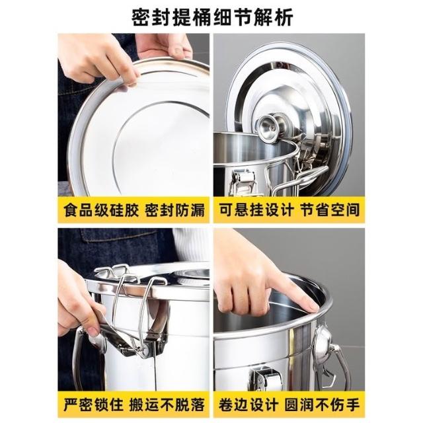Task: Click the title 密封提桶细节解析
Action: pyautogui.click(x=212, y=18)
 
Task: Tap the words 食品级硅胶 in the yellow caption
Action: pyautogui.click(x=101, y=210)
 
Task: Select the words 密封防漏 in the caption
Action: pyautogui.click(x=174, y=210)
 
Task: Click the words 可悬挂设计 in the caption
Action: pyautogui.click(x=256, y=210)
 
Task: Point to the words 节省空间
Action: pyautogui.click(x=330, y=210)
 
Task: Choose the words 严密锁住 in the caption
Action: pyautogui.click(x=93, y=404)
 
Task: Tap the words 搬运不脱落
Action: pyautogui.click(x=167, y=404)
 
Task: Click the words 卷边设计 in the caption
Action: pyautogui.click(x=249, y=404)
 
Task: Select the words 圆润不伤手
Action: pyautogui.click(x=322, y=404)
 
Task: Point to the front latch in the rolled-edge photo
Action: pyautogui.click(x=266, y=378)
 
